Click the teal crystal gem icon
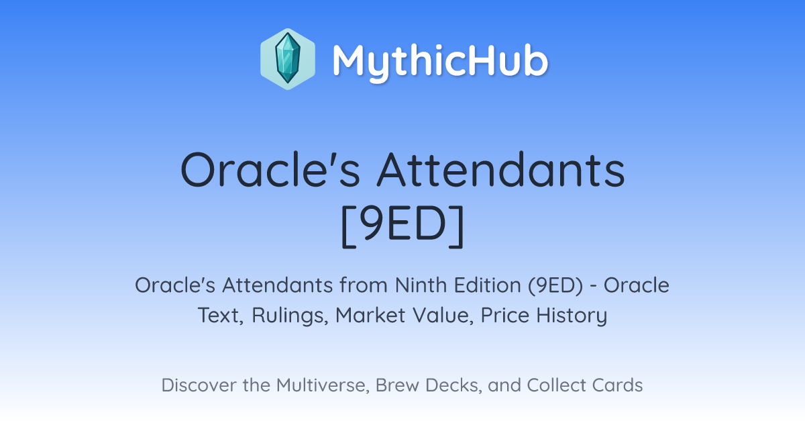coord(288,59)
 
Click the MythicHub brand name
coord(440,62)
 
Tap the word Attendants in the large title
coord(501,170)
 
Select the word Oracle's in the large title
coord(270,170)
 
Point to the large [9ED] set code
coord(402,226)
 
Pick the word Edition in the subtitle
coord(487,285)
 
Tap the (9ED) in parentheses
coord(555,286)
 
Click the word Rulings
coord(290,316)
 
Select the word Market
coord(370,315)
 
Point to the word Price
coord(504,315)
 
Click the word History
coord(572,316)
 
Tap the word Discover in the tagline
coord(199,385)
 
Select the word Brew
coord(397,385)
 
